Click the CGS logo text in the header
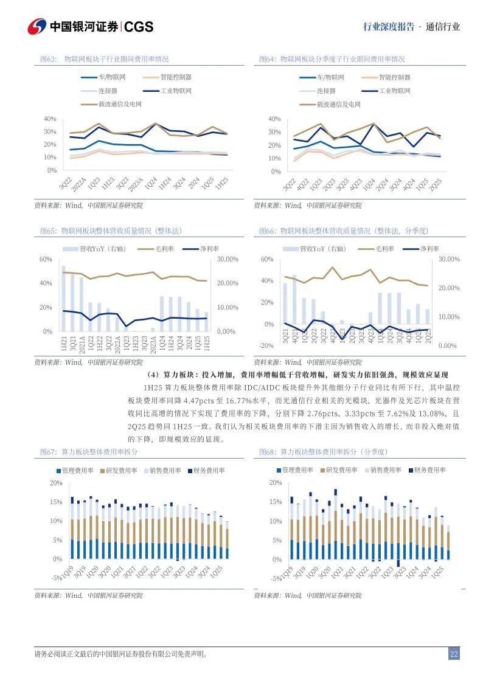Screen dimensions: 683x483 [139, 27]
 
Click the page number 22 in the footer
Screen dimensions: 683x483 [454, 654]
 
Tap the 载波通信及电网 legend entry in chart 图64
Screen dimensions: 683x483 [338, 105]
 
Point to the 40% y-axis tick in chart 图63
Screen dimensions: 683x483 [50, 119]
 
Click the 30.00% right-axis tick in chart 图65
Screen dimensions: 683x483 [226, 260]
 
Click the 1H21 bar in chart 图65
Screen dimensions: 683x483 [63, 298]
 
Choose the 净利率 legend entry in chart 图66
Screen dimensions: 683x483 [429, 249]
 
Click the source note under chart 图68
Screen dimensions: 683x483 [307, 595]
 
